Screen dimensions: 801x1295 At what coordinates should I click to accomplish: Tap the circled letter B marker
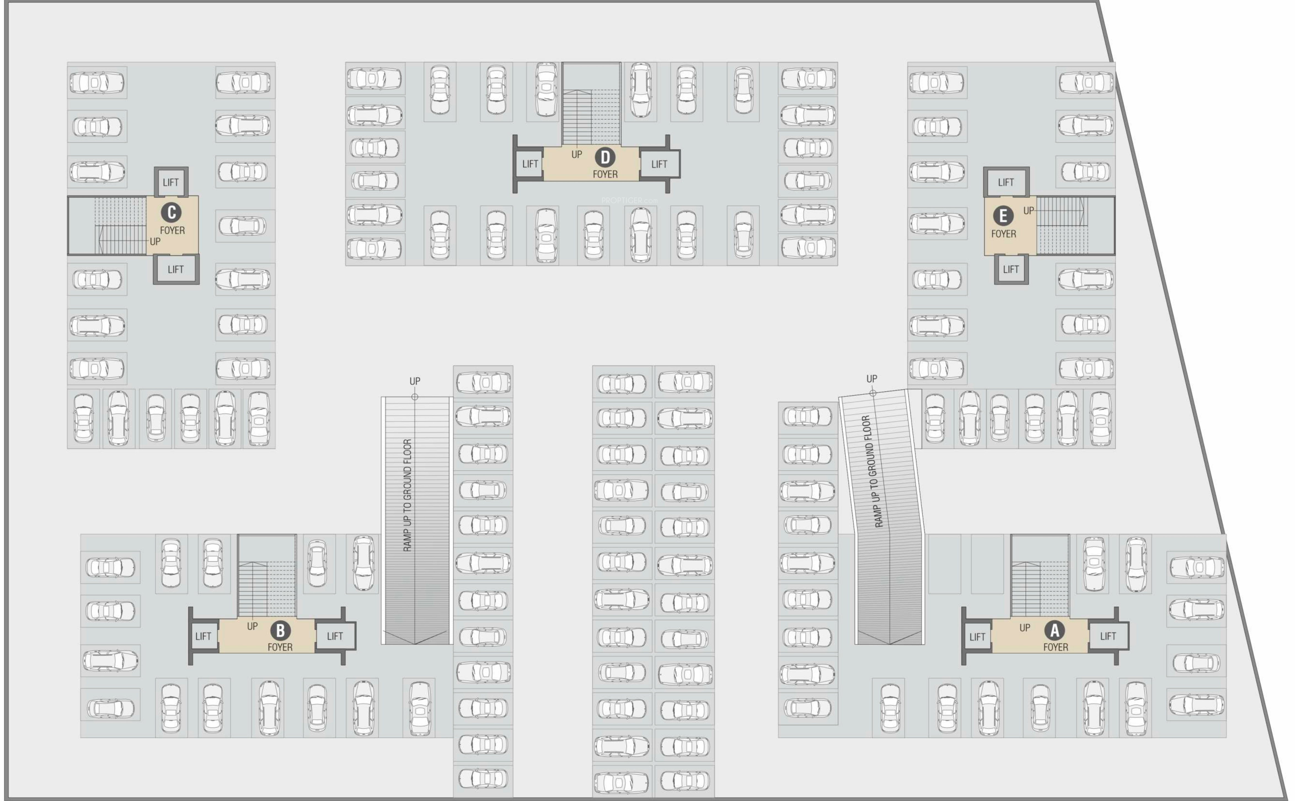pos(280,631)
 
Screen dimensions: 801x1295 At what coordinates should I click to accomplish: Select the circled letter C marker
pos(171,212)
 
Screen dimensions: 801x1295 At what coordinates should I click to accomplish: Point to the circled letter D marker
pos(605,157)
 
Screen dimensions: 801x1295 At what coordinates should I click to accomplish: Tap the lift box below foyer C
pos(176,269)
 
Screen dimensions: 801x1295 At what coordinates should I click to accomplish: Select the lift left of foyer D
pos(530,164)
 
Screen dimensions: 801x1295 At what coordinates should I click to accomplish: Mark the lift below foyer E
pos(1011,269)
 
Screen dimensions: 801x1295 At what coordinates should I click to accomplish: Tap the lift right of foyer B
pos(335,636)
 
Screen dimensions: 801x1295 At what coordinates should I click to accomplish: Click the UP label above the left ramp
pos(415,381)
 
